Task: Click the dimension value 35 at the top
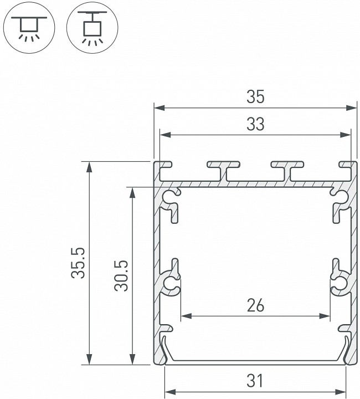(255, 97)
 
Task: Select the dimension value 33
(255, 125)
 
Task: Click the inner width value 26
(255, 305)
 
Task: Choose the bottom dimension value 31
(255, 381)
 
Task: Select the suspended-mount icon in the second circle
(90, 27)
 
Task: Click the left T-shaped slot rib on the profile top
(224, 168)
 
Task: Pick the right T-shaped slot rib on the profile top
(288, 168)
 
